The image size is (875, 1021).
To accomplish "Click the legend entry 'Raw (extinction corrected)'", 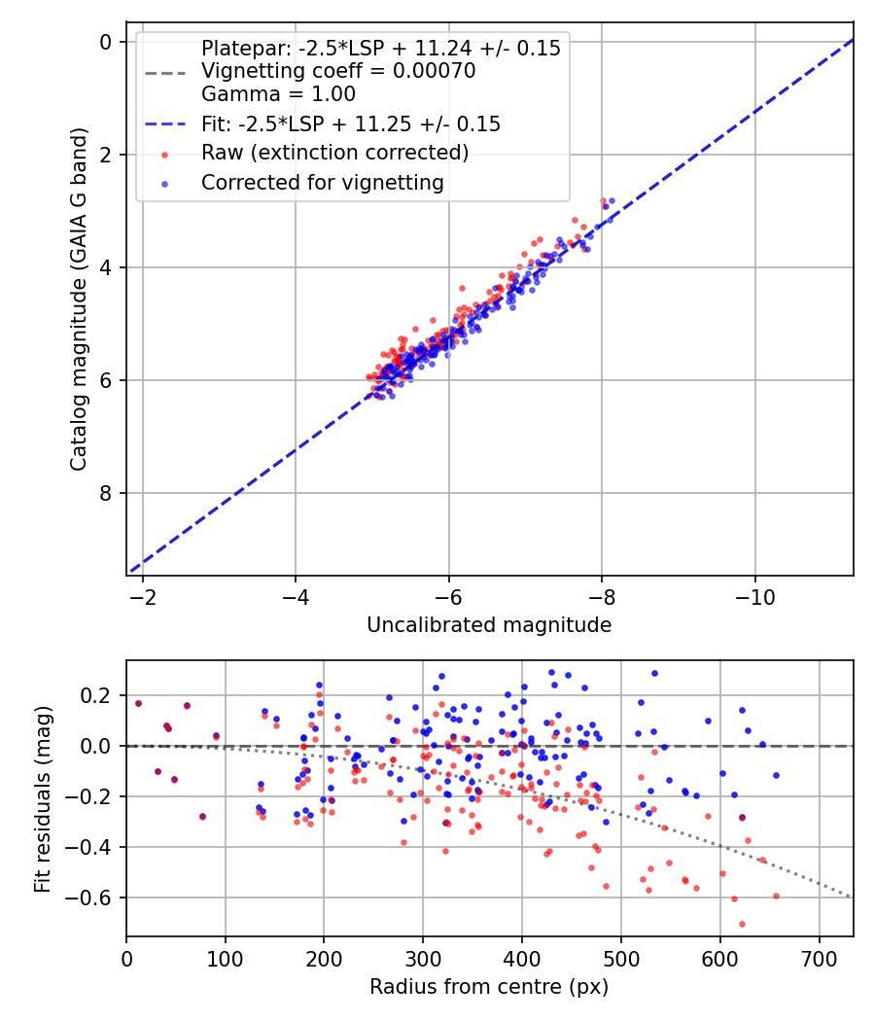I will pyautogui.click(x=334, y=153).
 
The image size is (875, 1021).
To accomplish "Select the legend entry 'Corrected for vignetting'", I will pyautogui.click(x=322, y=182).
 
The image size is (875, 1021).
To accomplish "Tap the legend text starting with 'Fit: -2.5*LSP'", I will pyautogui.click(x=351, y=123).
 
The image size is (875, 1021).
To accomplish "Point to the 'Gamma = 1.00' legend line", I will pyautogui.click(x=278, y=94).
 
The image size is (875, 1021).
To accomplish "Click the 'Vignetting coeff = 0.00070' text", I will pyautogui.click(x=338, y=71).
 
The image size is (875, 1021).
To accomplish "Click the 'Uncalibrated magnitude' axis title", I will pyautogui.click(x=489, y=625).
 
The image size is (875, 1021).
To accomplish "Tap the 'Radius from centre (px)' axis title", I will pyautogui.click(x=489, y=987).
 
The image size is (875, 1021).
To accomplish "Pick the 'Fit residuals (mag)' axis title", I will pyautogui.click(x=42, y=798).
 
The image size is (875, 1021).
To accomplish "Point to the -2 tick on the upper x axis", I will pyautogui.click(x=143, y=596).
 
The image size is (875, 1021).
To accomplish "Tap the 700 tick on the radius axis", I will pyautogui.click(x=819, y=958).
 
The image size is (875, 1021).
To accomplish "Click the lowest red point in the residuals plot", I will pyautogui.click(x=742, y=924).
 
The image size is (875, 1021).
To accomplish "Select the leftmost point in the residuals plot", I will pyautogui.click(x=138, y=703).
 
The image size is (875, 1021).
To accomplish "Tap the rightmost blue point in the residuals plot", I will pyautogui.click(x=776, y=775).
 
